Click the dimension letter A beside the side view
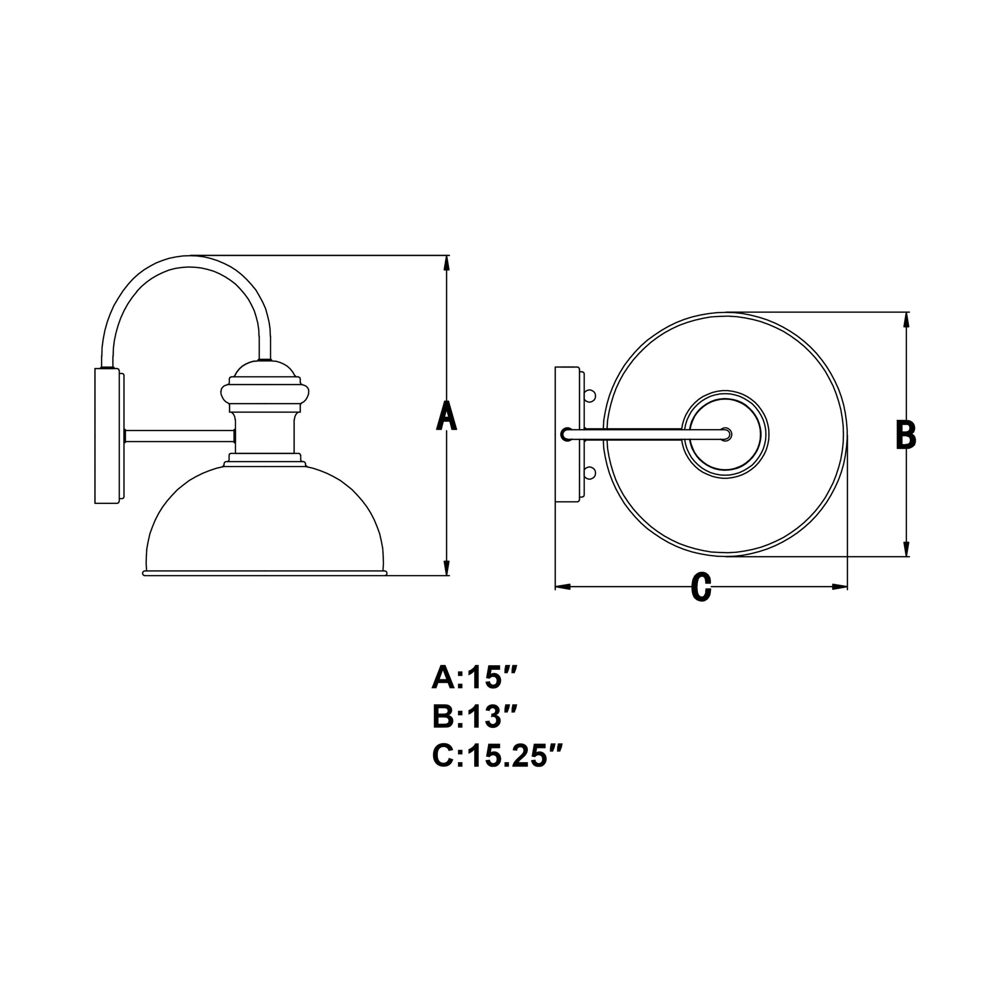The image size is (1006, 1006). coord(446,416)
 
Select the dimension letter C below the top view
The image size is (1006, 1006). coord(702,587)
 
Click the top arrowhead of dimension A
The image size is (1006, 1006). coord(446,263)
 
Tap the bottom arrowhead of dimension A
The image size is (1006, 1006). coord(446,568)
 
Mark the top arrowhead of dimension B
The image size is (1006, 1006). coord(907,319)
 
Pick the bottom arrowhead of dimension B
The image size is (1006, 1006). coord(907,550)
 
